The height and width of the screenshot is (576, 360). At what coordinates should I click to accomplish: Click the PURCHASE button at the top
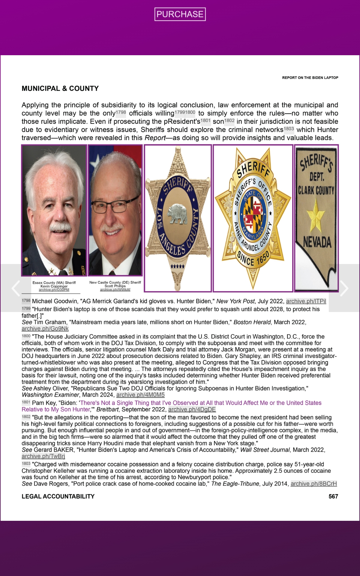click(180, 14)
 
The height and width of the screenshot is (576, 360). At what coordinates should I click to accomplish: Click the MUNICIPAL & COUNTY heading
click(60, 88)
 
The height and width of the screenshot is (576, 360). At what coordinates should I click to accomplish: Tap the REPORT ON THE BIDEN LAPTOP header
click(310, 78)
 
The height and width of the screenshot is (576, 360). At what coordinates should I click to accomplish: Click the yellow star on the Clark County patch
click(315, 215)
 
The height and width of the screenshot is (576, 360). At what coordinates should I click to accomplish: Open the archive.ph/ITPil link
click(306, 301)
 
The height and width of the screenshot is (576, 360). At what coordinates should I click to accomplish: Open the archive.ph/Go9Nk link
click(45, 328)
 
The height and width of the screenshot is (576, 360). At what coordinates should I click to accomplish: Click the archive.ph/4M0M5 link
click(140, 395)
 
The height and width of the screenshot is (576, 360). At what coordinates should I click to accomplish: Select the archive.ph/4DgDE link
click(192, 409)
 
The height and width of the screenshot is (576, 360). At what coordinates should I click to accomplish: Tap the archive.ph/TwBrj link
click(43, 456)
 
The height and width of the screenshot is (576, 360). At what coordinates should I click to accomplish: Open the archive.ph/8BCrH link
click(313, 484)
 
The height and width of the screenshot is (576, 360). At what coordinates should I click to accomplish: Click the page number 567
click(333, 496)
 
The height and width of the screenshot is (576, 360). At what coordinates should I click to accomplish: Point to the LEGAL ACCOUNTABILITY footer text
click(58, 496)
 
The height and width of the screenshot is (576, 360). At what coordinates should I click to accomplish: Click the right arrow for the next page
click(344, 288)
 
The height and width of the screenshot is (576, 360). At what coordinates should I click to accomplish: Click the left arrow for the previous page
click(16, 288)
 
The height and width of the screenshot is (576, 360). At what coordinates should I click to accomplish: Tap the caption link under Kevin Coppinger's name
click(54, 290)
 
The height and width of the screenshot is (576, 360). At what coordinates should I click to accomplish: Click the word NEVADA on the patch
click(317, 242)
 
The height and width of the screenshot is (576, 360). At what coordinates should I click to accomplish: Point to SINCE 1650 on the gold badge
click(253, 259)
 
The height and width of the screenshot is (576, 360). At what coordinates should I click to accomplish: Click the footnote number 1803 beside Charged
click(26, 463)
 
